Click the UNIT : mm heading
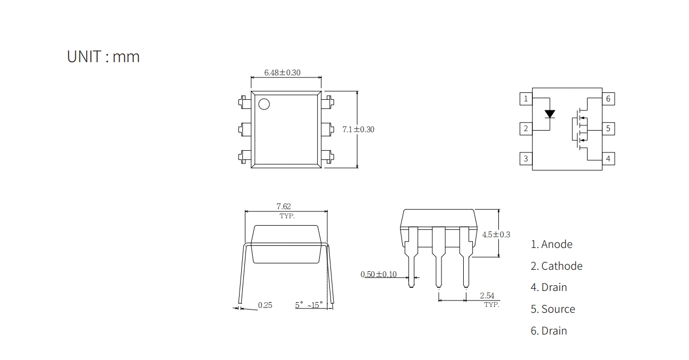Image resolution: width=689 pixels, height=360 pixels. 104,57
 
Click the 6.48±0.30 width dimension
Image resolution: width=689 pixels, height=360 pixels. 283,73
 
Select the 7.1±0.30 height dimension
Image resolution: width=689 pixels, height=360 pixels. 359,130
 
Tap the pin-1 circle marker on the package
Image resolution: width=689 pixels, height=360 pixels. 264,104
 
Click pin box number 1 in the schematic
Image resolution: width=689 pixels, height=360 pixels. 526,99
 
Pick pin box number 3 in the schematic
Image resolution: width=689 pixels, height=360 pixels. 526,159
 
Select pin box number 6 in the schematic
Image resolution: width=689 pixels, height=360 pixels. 608,99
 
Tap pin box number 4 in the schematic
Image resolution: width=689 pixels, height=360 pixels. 608,159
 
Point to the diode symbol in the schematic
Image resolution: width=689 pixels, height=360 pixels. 550,114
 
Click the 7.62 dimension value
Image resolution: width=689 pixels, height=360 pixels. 284,207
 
